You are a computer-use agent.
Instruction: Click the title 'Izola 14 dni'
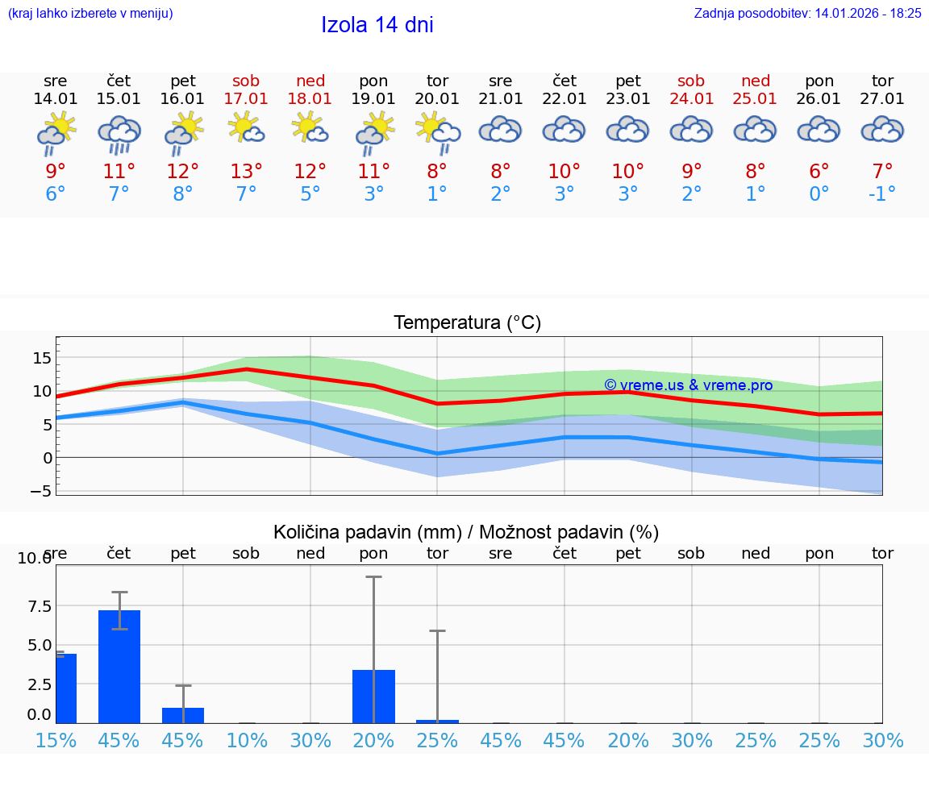pyautogui.click(x=377, y=25)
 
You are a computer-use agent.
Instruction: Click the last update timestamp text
pyautogui.click(x=807, y=13)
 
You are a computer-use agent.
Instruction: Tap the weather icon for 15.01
pyautogui.click(x=119, y=134)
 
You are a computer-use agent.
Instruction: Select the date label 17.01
pyautogui.click(x=246, y=99)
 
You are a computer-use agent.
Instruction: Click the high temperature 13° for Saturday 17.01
pyautogui.click(x=246, y=172)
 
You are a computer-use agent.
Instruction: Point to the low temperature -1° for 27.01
pyautogui.click(x=882, y=193)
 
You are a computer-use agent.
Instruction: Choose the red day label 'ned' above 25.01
pyautogui.click(x=756, y=81)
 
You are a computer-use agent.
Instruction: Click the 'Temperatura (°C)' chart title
pyautogui.click(x=467, y=323)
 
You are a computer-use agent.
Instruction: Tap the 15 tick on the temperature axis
pyautogui.click(x=42, y=358)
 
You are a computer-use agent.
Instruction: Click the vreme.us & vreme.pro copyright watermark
pyautogui.click(x=688, y=385)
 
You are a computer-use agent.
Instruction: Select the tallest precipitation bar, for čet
pyautogui.click(x=119, y=666)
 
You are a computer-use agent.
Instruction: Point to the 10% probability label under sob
pyautogui.click(x=246, y=740)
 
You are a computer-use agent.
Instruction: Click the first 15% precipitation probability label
pyautogui.click(x=56, y=740)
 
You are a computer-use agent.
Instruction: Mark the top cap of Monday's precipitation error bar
pyautogui.click(x=373, y=577)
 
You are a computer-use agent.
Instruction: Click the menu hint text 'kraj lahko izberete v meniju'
pyautogui.click(x=90, y=13)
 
